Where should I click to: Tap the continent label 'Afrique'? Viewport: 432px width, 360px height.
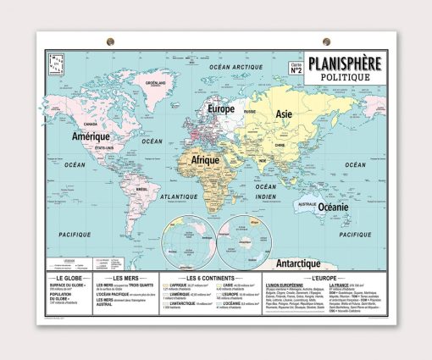(x=205, y=158)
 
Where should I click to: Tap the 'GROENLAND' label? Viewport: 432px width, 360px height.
(x=154, y=84)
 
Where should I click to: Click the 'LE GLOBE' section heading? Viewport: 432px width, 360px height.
(x=69, y=278)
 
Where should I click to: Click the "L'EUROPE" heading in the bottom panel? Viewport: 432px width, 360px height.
(x=325, y=278)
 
